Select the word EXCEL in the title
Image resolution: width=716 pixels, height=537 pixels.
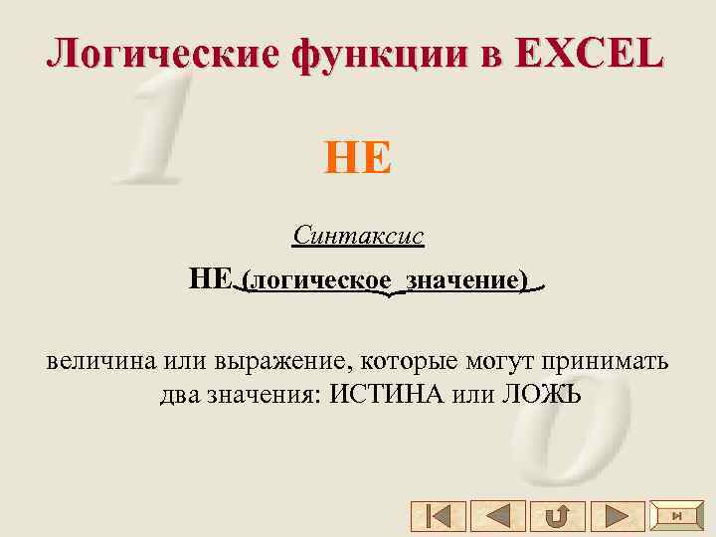tap(591, 53)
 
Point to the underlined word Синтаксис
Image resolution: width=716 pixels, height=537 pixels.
tap(358, 236)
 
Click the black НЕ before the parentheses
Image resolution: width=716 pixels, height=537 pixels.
tap(211, 279)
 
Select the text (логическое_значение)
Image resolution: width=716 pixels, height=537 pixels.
tap(388, 280)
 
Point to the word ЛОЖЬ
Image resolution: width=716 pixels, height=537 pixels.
tap(542, 394)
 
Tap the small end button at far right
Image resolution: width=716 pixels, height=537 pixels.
tap(676, 515)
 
